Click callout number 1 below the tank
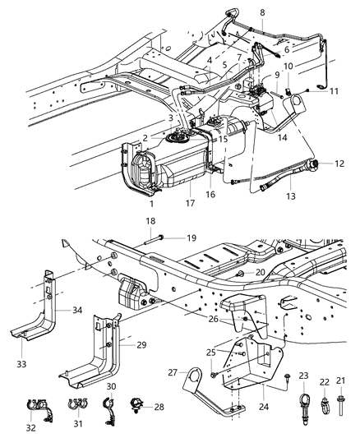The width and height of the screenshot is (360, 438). tap(151, 201)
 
